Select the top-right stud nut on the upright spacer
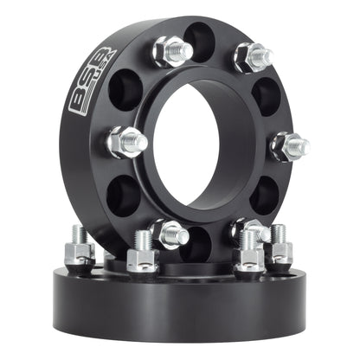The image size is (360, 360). tap(254, 57)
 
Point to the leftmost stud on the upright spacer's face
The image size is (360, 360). tap(125, 142)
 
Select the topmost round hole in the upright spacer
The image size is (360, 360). tap(200, 39)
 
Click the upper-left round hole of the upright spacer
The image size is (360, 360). tap(125, 89)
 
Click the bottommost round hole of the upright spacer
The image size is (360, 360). tap(206, 243)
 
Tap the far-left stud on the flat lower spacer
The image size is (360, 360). tap(79, 247)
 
